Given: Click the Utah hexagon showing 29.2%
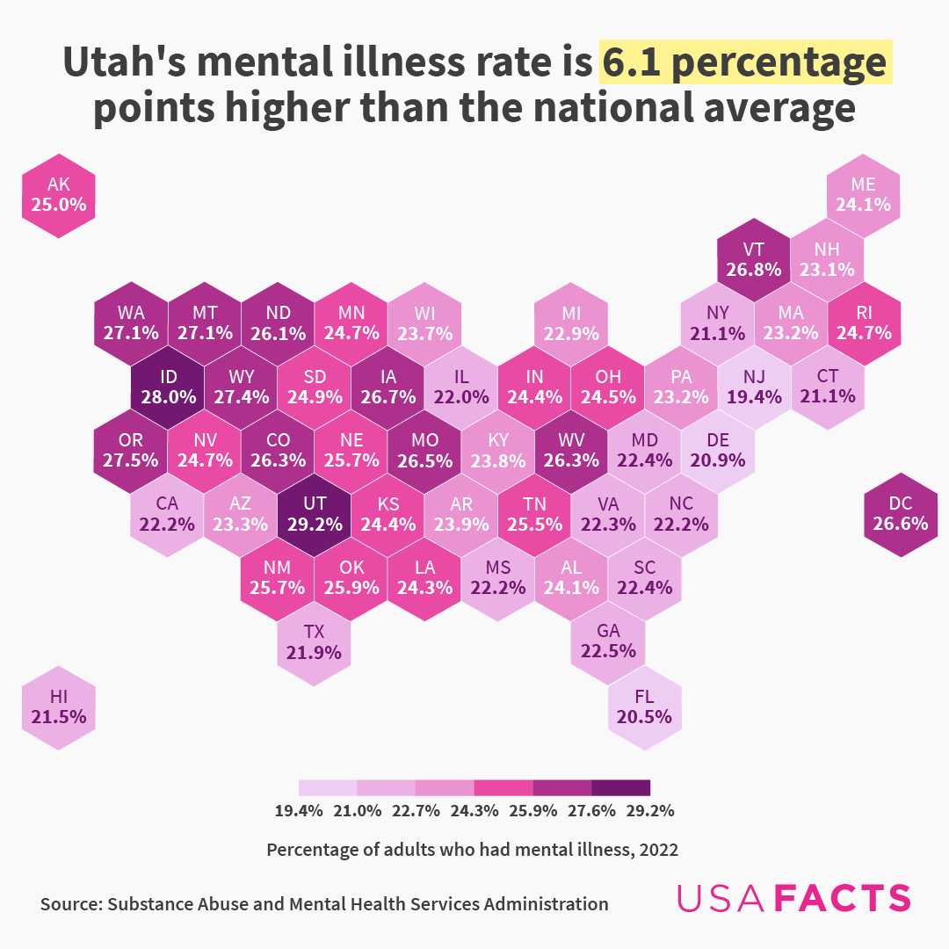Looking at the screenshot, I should click(x=314, y=514).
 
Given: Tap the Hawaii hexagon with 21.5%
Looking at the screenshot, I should click(x=59, y=706).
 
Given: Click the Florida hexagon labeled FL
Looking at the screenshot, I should click(x=644, y=706).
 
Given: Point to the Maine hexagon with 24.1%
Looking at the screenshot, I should click(x=863, y=194).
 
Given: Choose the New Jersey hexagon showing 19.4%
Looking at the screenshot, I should click(x=754, y=387).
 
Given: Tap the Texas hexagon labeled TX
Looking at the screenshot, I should click(x=314, y=642).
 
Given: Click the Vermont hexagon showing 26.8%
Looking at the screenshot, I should click(x=754, y=258).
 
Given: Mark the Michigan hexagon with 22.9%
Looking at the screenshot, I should click(x=571, y=322).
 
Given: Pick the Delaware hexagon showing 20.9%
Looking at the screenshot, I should click(x=717, y=450).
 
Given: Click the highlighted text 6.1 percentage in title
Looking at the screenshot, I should click(x=745, y=63).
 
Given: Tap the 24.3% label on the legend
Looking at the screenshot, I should click(x=474, y=810).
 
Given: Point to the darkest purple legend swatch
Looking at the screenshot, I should click(x=620, y=786).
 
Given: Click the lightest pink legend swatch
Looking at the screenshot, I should click(x=328, y=786).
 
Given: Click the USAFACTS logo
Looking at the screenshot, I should click(x=793, y=898).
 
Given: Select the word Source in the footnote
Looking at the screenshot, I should click(x=69, y=903).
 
